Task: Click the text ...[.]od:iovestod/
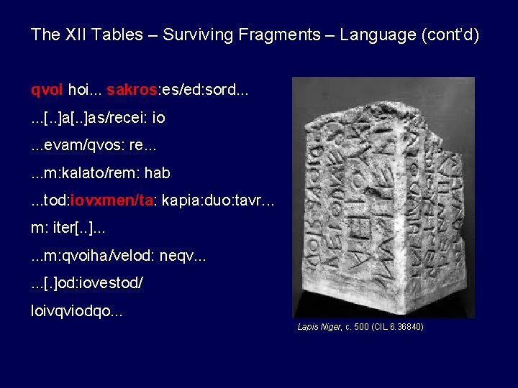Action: (87, 285)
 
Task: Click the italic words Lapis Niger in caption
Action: (317, 327)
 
